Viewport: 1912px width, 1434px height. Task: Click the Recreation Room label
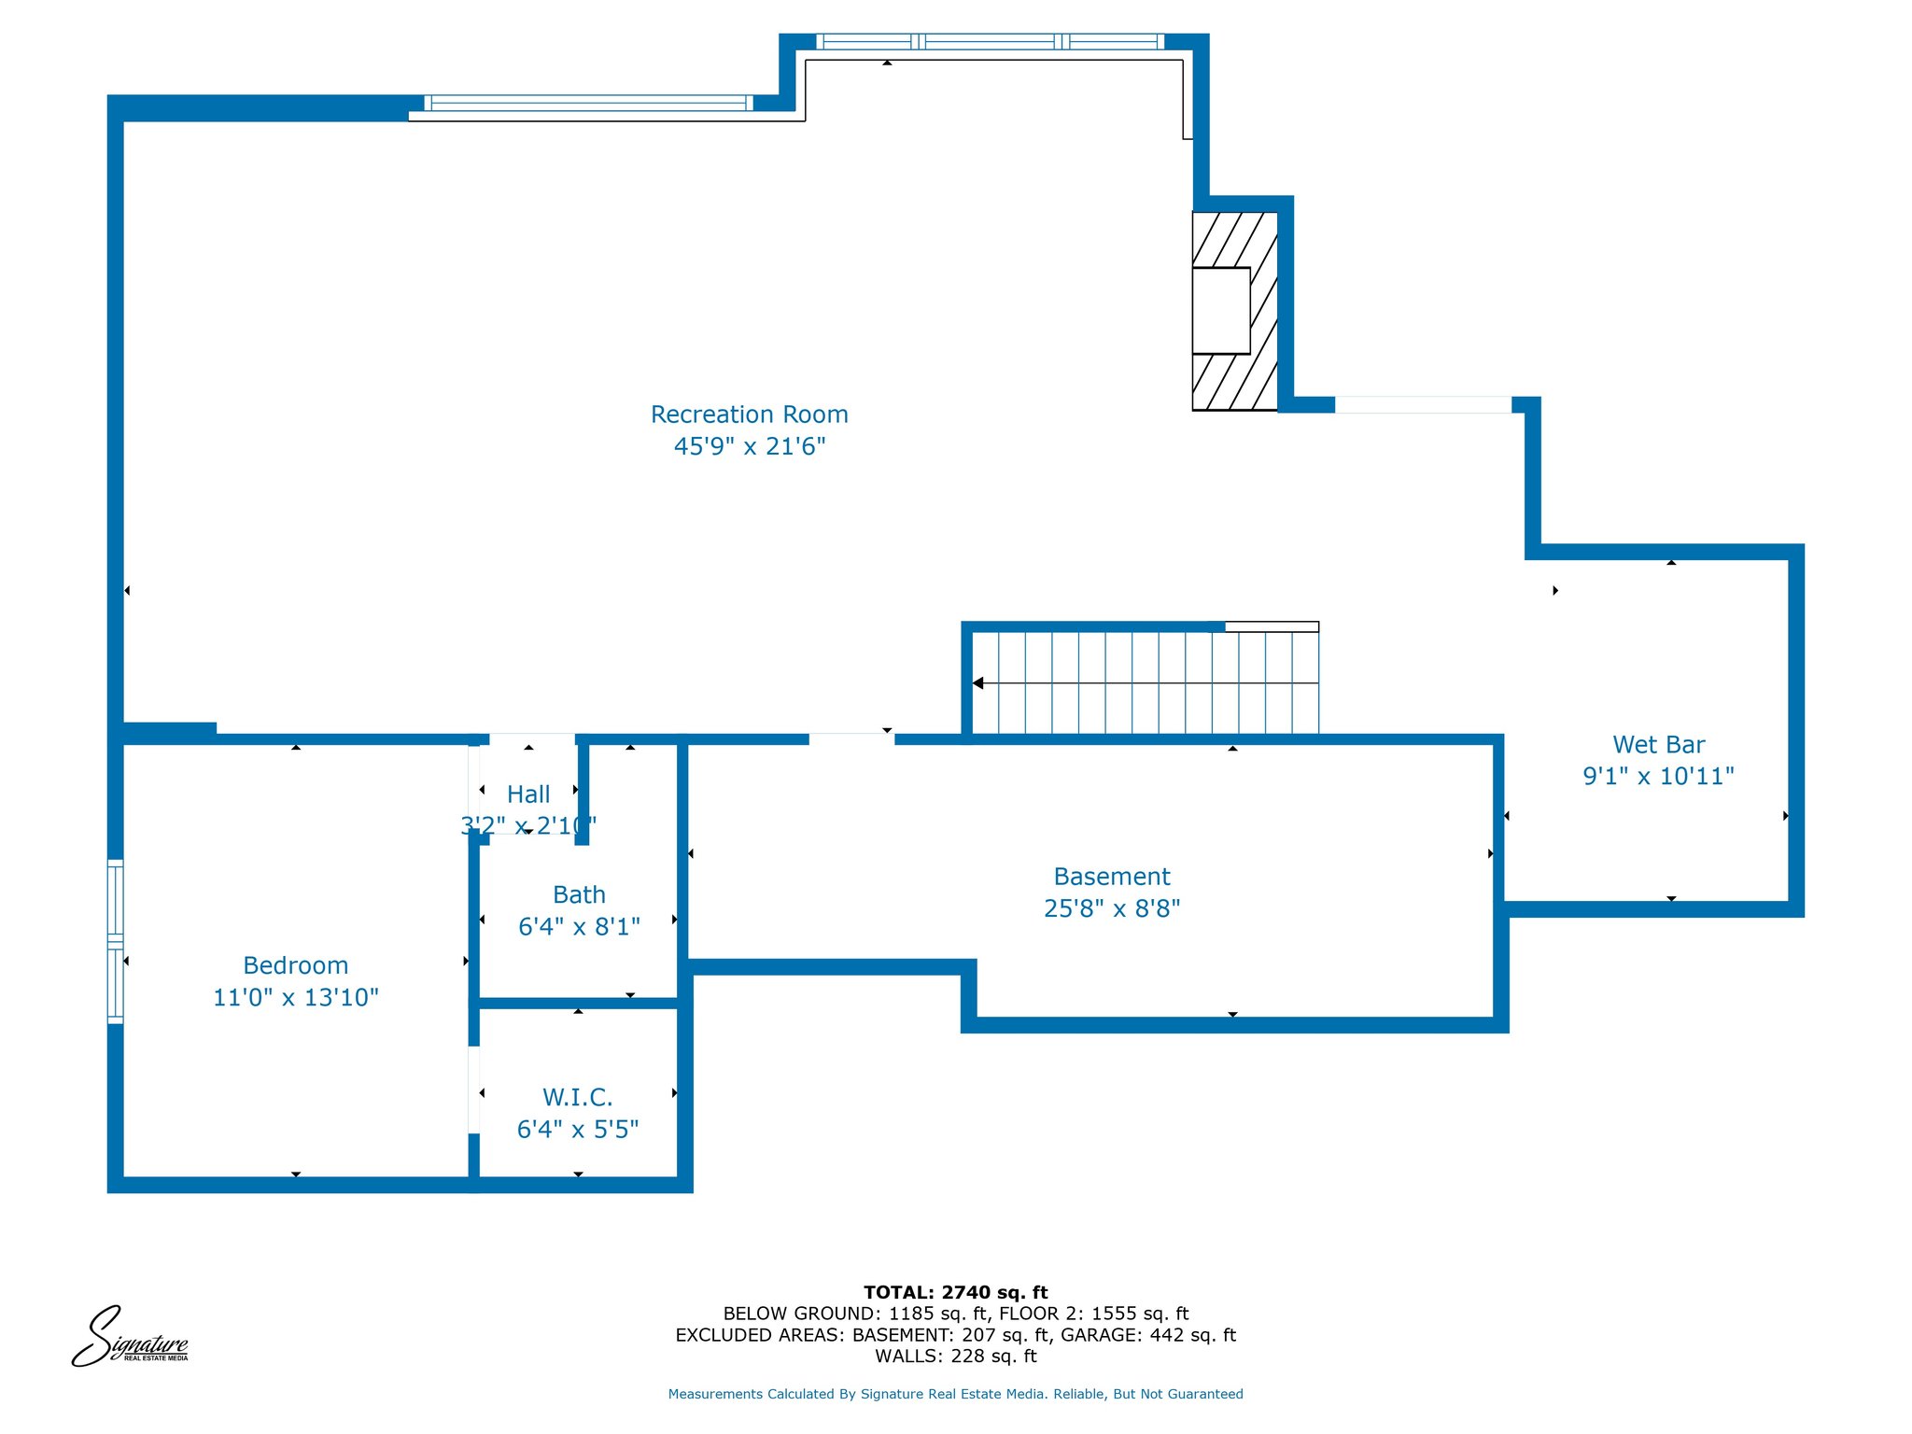(750, 415)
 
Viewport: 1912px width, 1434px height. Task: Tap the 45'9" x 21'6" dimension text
(750, 446)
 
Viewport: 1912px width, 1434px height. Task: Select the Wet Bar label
(1659, 745)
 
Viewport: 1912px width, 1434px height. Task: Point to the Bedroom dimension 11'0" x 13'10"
(296, 997)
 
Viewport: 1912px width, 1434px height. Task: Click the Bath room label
(579, 894)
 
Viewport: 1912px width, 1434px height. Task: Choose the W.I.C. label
(578, 1097)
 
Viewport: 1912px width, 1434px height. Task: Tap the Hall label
(528, 794)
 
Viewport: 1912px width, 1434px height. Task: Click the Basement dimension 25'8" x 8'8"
(1112, 908)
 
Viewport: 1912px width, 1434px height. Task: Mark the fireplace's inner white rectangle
(1221, 311)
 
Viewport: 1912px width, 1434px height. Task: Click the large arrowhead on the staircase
(977, 683)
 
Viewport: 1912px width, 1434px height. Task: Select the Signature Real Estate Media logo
(130, 1336)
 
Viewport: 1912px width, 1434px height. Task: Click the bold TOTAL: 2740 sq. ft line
(956, 1292)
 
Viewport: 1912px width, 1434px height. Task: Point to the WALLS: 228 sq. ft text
(956, 1356)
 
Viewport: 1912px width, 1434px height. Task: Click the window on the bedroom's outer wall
(116, 941)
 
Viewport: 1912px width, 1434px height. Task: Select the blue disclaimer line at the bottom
(956, 1394)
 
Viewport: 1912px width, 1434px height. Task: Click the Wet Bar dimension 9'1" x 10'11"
(1659, 776)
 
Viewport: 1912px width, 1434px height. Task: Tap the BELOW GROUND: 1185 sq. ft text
(855, 1314)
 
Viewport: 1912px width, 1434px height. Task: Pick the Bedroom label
(296, 965)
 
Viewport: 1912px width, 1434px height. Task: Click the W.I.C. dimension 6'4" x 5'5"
(578, 1130)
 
